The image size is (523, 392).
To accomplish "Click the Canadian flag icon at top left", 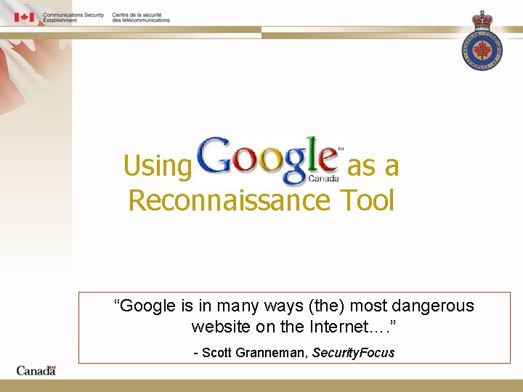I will click(x=25, y=17).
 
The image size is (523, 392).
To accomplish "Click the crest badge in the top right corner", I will click(x=482, y=41).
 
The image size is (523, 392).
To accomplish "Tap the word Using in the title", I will click(x=157, y=166).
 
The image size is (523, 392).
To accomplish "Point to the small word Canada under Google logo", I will click(x=323, y=178).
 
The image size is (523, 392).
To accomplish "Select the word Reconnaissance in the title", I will click(x=230, y=200).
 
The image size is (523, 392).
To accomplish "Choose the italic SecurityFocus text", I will click(x=354, y=353).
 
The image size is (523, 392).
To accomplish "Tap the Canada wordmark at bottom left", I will click(x=36, y=370).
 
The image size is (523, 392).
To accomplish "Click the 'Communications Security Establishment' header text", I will click(x=73, y=17).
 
